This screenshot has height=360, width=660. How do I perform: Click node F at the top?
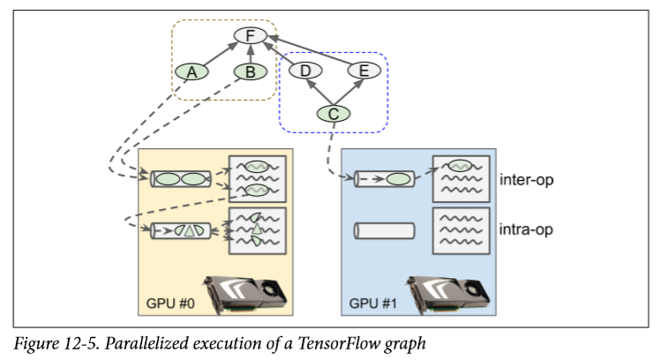click(251, 37)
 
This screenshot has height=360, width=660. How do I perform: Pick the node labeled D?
click(304, 71)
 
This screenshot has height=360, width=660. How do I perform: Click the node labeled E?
click(364, 71)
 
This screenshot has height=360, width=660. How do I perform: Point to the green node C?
click(334, 113)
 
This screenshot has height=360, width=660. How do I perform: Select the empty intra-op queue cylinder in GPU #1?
click(383, 231)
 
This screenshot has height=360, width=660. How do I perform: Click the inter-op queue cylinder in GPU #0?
click(182, 179)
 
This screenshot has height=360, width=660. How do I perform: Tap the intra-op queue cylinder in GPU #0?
click(182, 230)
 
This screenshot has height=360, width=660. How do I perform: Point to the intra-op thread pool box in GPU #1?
click(461, 231)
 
